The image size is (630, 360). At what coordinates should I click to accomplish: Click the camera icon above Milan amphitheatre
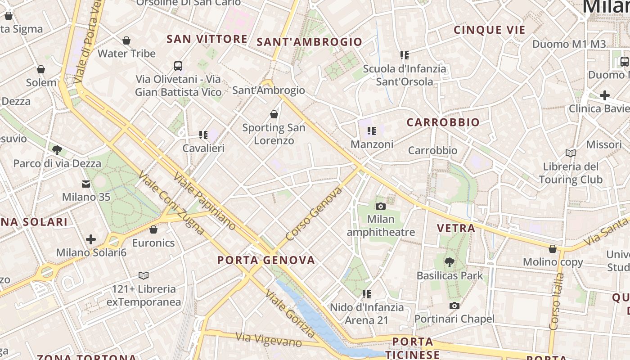[381, 206]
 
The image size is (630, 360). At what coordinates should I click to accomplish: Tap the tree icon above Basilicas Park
[449, 262]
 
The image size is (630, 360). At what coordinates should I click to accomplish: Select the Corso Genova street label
[314, 213]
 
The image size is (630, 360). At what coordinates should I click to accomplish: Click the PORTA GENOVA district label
[266, 260]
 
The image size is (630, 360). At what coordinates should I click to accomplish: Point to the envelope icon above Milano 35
[86, 184]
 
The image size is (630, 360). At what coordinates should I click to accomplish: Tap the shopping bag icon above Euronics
[153, 229]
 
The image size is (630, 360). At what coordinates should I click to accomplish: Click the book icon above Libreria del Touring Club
[571, 153]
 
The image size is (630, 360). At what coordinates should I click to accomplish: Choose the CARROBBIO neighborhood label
[443, 122]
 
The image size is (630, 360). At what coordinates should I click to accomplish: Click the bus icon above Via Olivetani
[178, 66]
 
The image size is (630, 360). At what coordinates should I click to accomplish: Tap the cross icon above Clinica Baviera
[605, 95]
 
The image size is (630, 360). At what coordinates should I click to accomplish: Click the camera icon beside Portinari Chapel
[454, 306]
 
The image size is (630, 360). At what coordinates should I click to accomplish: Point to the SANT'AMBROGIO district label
[309, 42]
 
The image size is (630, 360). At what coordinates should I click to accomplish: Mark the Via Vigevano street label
[269, 339]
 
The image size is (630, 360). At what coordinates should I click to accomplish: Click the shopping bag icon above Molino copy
[553, 249]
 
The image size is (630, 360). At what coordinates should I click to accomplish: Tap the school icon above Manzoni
[372, 131]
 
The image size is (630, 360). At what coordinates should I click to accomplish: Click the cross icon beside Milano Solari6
[91, 239]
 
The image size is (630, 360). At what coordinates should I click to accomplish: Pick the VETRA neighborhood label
[456, 228]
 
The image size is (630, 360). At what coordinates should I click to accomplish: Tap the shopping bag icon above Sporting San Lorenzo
[274, 114]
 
